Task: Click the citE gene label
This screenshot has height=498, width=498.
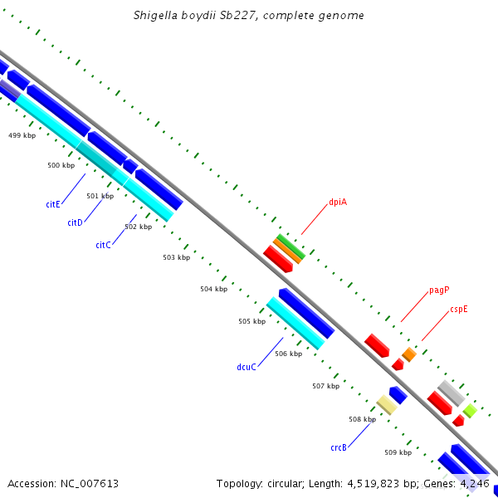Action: point(53,203)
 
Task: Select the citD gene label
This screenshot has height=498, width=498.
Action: point(75,222)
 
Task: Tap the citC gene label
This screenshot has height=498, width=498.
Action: point(103,245)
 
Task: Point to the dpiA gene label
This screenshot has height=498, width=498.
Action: point(338,202)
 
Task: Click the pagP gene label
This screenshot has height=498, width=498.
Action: point(439,290)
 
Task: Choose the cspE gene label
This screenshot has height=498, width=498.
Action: point(459,309)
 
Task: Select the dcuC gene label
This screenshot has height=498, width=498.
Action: point(247,367)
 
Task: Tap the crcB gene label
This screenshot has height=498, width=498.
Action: point(338,447)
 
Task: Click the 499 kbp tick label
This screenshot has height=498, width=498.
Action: point(22,135)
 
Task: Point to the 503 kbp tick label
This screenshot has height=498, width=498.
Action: point(176,257)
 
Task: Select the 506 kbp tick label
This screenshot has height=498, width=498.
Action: point(288,354)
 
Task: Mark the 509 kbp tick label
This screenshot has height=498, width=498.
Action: point(398,452)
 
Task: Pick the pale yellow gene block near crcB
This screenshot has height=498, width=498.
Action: point(387,404)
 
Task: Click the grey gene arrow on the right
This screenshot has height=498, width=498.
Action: point(451,393)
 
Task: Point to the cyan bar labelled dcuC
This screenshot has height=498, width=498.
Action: point(295,323)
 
